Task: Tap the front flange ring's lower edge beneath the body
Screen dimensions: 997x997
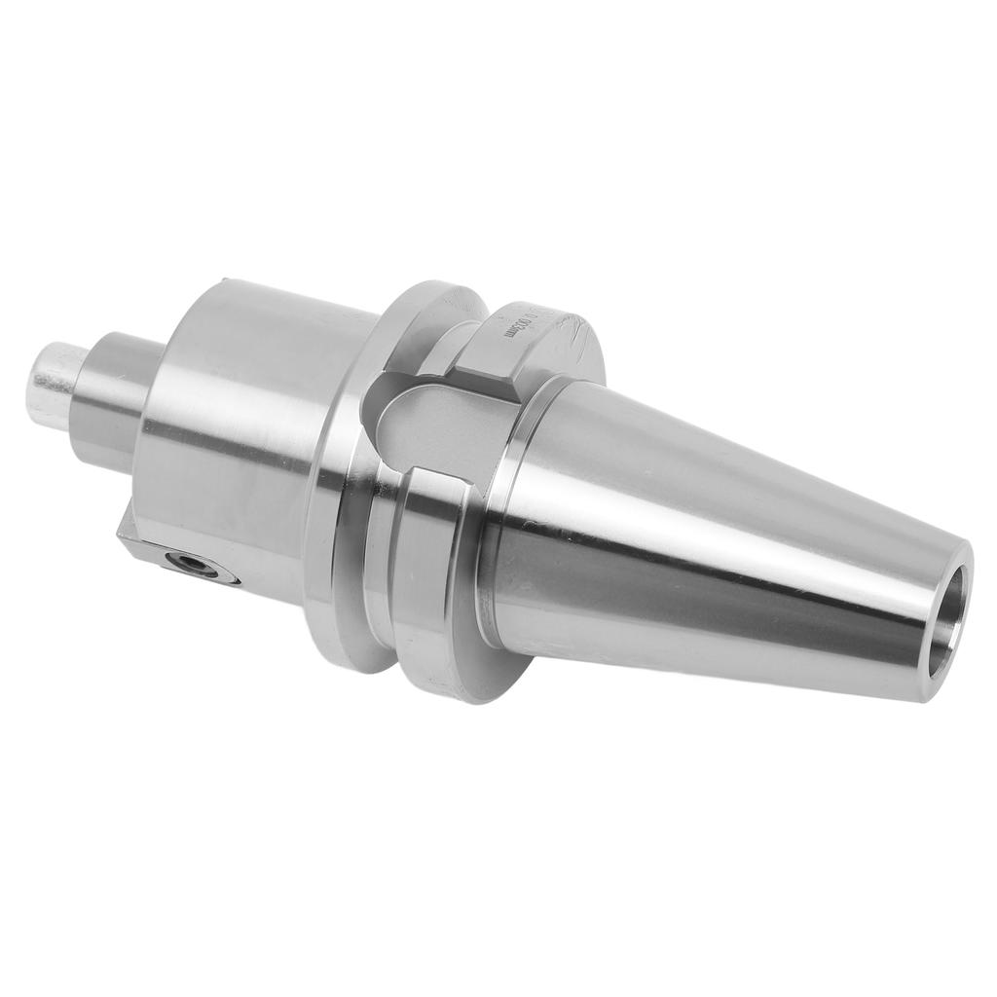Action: pos(331,623)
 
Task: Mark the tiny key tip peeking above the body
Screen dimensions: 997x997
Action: pos(225,282)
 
